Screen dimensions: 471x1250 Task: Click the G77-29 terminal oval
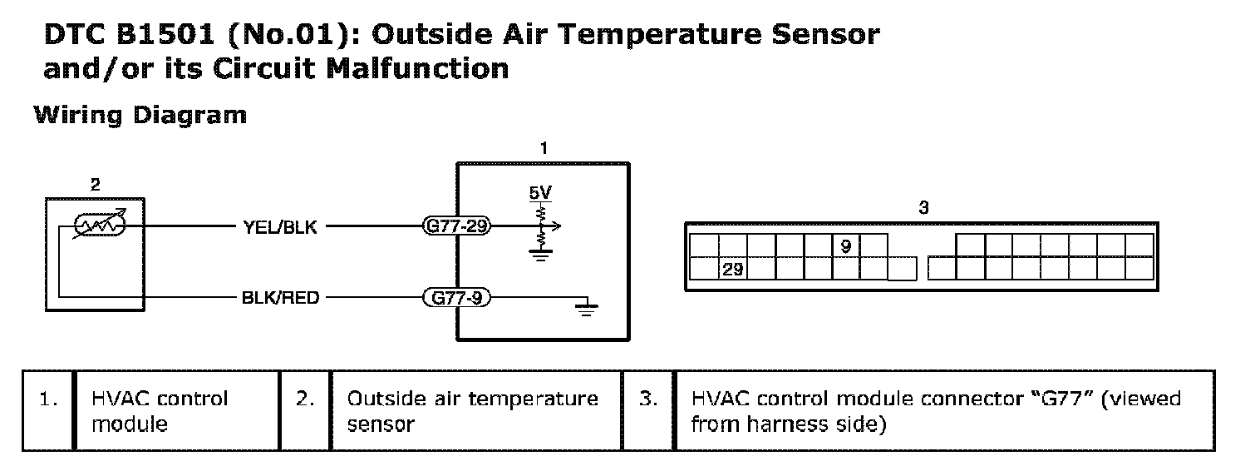[456, 226]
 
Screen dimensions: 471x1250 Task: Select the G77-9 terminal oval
[456, 296]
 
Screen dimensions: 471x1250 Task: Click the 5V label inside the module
[539, 194]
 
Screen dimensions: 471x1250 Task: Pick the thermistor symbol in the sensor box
[99, 226]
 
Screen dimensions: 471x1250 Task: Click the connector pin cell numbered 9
[845, 246]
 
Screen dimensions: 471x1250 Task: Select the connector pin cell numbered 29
[733, 270]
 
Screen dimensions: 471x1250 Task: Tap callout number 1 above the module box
[544, 149]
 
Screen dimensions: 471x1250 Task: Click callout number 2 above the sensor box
[95, 185]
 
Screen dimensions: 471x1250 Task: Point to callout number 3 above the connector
[923, 208]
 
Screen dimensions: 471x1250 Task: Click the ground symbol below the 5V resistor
[540, 257]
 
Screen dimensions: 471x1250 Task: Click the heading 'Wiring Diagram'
[140, 115]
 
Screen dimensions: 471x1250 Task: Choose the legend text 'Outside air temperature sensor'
[472, 411]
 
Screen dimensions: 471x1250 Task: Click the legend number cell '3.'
[648, 399]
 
